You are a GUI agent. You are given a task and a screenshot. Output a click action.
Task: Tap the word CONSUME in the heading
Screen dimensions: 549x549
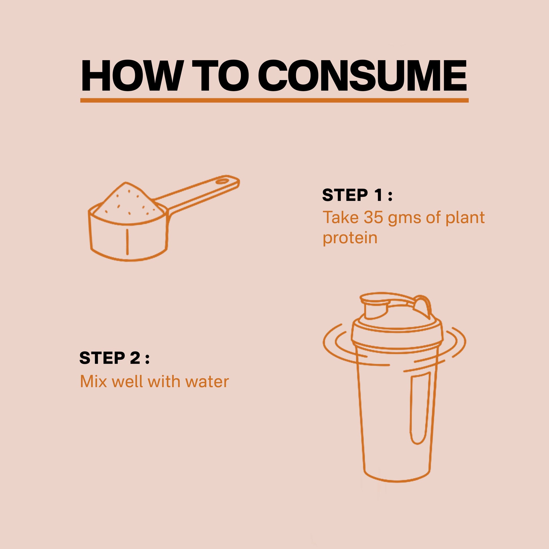coord(362,76)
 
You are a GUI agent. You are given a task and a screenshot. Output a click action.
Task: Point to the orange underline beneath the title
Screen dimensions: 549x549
coord(274,100)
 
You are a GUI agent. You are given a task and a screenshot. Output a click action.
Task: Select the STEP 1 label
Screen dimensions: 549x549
coord(357,195)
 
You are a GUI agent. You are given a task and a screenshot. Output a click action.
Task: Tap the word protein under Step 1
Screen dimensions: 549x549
coord(350,238)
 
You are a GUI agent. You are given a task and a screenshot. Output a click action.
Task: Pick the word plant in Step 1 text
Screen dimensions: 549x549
coord(465,218)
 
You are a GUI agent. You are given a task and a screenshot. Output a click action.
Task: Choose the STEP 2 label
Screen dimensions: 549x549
coord(114,358)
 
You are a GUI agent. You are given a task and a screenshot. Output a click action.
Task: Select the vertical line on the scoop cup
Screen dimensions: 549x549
coord(127,241)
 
